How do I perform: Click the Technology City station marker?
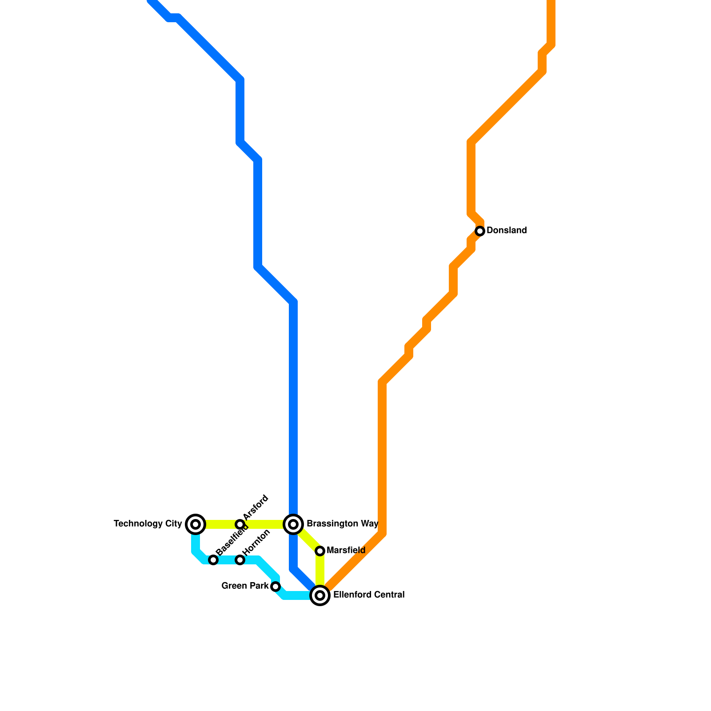[196, 524]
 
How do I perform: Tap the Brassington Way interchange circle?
[293, 524]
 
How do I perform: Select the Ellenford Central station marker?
[320, 595]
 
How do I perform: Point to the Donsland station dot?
[480, 231]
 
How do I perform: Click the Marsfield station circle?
[320, 551]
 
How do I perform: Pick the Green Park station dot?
[276, 587]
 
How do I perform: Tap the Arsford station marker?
[240, 524]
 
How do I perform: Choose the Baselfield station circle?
[213, 560]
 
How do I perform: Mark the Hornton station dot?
[240, 560]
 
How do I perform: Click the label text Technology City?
[148, 524]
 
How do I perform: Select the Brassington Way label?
[342, 524]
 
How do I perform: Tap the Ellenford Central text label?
[369, 595]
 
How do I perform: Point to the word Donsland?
[507, 231]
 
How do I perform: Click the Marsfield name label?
[346, 551]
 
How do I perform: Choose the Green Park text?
[245, 586]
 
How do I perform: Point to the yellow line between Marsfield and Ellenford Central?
[320, 571]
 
